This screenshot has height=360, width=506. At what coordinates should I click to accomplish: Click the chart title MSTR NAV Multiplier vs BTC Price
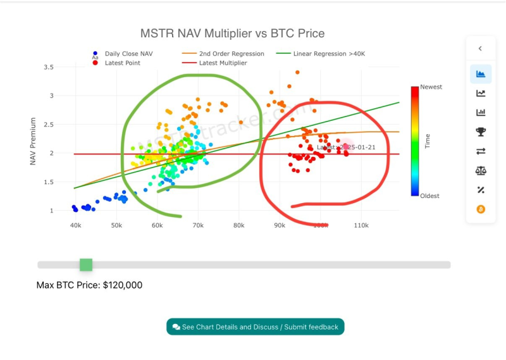click(x=232, y=33)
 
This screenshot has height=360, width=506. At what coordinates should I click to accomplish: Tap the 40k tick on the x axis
click(x=75, y=225)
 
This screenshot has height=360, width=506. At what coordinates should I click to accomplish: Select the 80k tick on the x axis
click(x=238, y=225)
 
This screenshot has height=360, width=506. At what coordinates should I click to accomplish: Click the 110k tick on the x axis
click(x=361, y=225)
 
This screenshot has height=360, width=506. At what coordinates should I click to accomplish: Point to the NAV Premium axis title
click(x=34, y=141)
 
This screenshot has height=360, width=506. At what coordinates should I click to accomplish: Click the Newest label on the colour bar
click(x=431, y=87)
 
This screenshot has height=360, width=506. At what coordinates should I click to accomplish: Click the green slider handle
click(x=86, y=264)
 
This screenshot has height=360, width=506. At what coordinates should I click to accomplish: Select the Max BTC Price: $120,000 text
click(x=89, y=285)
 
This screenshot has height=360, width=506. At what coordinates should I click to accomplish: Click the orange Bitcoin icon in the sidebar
click(x=481, y=209)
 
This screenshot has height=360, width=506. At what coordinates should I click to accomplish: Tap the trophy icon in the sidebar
click(x=481, y=132)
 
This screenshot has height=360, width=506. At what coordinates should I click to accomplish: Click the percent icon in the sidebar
click(x=481, y=189)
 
